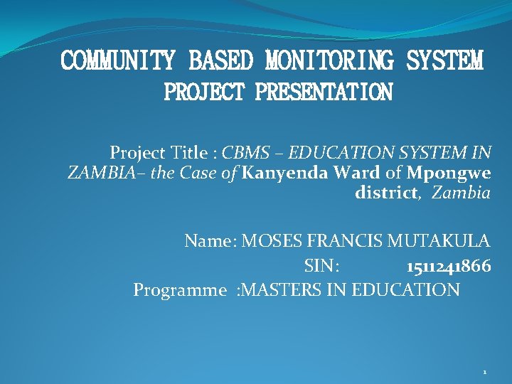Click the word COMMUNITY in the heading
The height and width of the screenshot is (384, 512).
pos(117,60)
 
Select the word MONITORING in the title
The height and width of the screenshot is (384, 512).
pos(329,60)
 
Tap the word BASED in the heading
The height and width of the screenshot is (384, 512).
pos(220,60)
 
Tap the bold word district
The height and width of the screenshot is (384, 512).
pos(385,192)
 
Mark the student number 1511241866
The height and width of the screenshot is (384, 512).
pos(448,266)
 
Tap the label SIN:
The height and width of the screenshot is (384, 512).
pos(321,266)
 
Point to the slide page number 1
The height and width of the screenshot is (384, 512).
pos(484,372)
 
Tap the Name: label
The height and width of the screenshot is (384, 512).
pos(210,241)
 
